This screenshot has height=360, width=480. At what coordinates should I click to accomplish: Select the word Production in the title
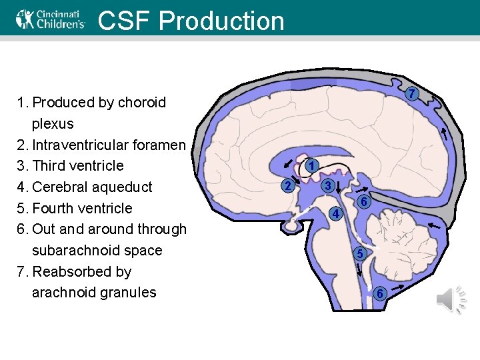(x=221, y=21)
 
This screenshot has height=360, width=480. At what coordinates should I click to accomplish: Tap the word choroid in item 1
(x=142, y=103)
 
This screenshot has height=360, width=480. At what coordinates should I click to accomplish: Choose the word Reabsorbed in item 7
(x=73, y=272)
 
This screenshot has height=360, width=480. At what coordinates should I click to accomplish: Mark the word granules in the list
(x=127, y=293)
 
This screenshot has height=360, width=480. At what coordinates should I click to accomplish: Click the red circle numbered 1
(x=312, y=165)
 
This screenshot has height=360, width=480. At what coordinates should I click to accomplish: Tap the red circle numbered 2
(x=287, y=185)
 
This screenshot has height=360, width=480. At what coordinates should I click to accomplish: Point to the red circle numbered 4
(x=337, y=214)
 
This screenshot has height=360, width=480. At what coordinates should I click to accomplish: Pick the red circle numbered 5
(x=359, y=254)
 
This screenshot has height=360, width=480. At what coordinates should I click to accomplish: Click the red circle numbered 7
(x=413, y=94)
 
